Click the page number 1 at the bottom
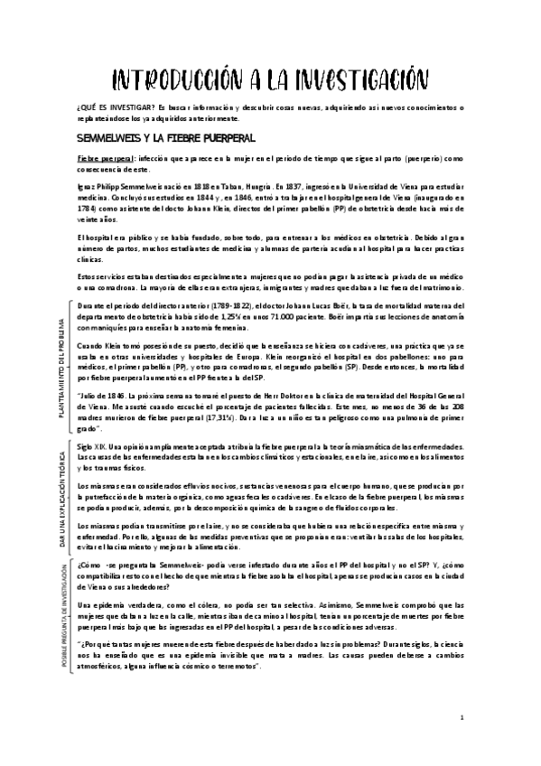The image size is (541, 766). [462, 718]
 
